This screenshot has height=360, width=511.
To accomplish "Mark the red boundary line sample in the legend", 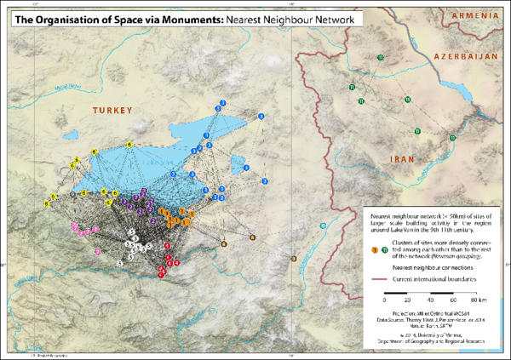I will (x=380, y=278).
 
